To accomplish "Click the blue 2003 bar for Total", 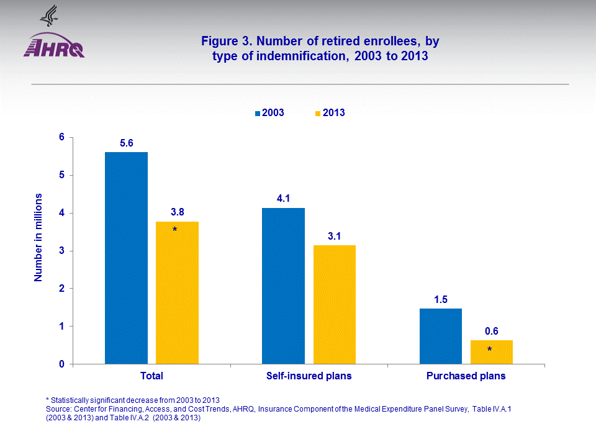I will pos(126,258).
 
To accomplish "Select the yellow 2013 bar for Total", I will pos(177,292).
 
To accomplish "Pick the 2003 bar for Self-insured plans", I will pos(283,286).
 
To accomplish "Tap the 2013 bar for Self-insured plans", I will pos(334,304).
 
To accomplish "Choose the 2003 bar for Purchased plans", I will pos(441,336).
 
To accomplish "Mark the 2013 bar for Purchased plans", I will pos(492,352).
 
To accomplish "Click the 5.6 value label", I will pos(127,143).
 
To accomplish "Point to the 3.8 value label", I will pos(178,212).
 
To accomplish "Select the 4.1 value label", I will pos(284,199).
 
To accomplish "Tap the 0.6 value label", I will pos(492,332).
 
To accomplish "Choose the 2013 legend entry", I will pos(329,113).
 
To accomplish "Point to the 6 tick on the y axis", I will pos(62,137).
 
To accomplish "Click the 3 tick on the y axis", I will pos(62,251).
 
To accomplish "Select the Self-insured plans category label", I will pos(309,376).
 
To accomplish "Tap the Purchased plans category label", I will pos(466,376).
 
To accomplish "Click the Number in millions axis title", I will pos(38,237).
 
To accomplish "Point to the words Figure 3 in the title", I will pos(224,42).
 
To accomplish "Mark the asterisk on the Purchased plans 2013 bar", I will pos(489,350).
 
